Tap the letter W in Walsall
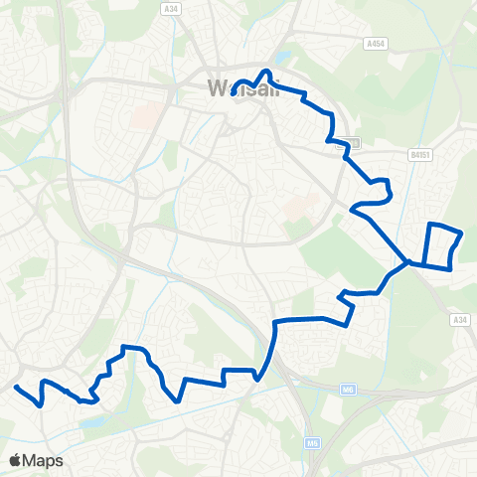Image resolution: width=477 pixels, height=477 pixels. tap(217, 87)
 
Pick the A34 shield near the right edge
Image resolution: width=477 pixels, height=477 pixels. tap(458, 319)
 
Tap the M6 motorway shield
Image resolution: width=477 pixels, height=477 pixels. tap(348, 389)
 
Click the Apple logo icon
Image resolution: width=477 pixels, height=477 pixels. tap(16, 460)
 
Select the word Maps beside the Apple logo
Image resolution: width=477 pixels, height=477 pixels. tap(46, 460)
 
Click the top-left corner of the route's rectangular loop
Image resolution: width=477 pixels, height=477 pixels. tap(429, 225)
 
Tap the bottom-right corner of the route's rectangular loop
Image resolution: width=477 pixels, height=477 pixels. tap(451, 266)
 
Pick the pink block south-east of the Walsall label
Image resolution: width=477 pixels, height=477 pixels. tap(297, 211)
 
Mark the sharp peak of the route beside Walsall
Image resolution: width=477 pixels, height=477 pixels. tap(265, 72)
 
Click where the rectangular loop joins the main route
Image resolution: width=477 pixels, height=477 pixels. tap(407, 262)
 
